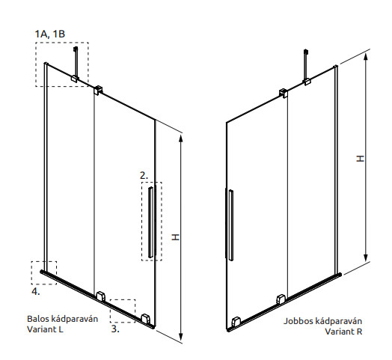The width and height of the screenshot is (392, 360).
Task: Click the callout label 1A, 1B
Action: click(x=50, y=34)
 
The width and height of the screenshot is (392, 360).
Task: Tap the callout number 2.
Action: click(x=144, y=175)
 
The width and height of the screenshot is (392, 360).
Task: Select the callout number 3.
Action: click(x=115, y=329)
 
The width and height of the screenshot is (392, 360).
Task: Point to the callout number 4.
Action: click(x=36, y=291)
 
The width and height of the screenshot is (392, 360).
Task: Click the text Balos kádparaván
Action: click(x=63, y=319)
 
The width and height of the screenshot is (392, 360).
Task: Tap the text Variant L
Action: click(x=45, y=329)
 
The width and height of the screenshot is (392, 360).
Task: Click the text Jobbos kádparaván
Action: click(x=322, y=321)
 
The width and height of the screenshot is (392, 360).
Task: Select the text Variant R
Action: click(x=343, y=332)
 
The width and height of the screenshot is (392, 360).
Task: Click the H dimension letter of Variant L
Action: click(x=176, y=237)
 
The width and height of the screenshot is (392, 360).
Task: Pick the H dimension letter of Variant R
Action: click(x=360, y=159)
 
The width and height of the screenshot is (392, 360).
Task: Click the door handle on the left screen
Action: click(x=150, y=222)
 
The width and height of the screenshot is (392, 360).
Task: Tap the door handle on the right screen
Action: click(x=231, y=225)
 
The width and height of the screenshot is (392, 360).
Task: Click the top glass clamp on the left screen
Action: click(x=98, y=90)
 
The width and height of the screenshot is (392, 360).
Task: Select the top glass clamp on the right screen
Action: click(x=284, y=93)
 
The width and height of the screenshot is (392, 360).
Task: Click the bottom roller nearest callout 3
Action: click(x=145, y=319)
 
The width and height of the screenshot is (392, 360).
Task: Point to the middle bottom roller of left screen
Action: click(x=101, y=296)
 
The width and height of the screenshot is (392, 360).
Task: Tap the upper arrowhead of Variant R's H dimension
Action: click(x=366, y=57)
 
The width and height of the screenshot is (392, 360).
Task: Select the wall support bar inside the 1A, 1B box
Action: click(x=76, y=63)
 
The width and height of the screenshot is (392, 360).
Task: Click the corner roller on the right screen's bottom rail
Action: click(x=236, y=322)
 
